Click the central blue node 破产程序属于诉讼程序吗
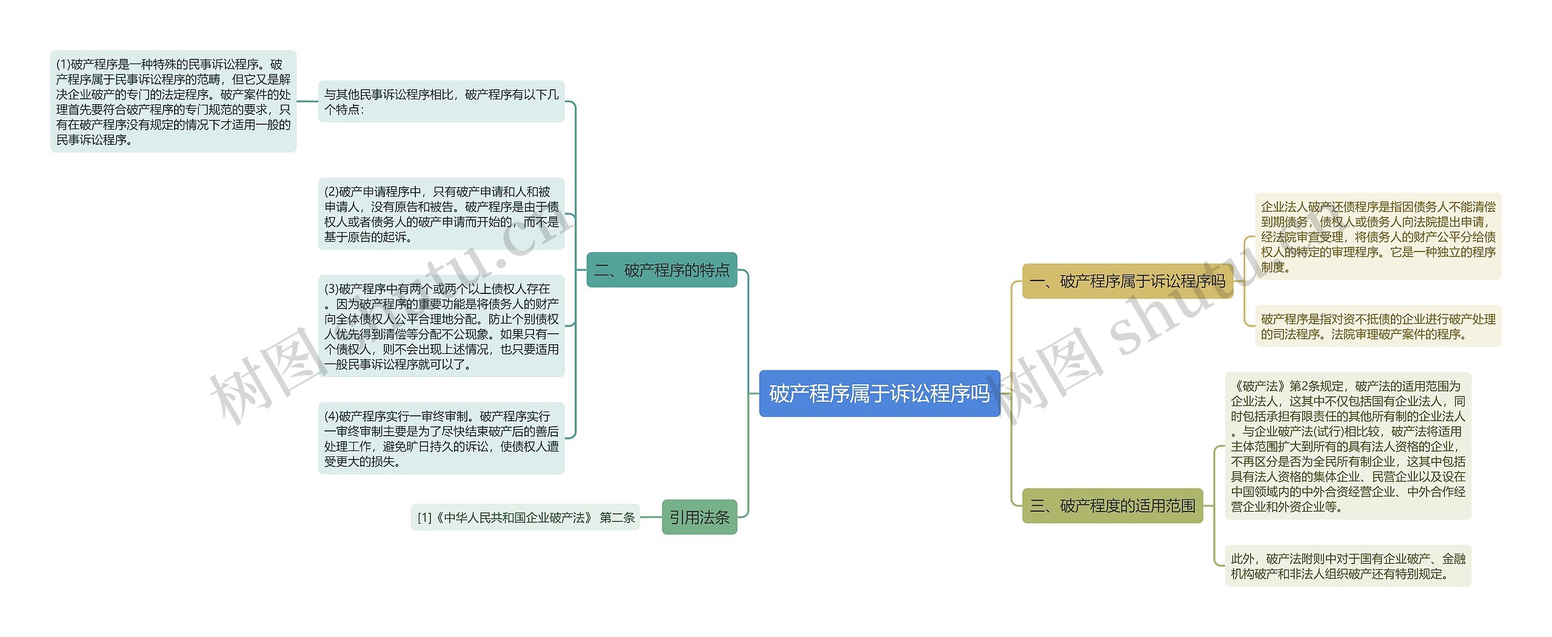(x=879, y=393)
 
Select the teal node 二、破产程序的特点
(x=661, y=270)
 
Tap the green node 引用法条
(x=699, y=517)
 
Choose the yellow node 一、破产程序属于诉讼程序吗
(x=1127, y=281)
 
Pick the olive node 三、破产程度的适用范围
(x=1112, y=505)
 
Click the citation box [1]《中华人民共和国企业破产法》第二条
(x=526, y=518)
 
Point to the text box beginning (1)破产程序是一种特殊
(x=173, y=102)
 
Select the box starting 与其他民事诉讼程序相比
(x=441, y=102)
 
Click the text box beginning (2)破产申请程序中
(x=441, y=214)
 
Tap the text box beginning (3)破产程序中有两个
(x=441, y=326)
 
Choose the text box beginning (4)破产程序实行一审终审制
(x=441, y=438)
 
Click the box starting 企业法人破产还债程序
(x=1378, y=236)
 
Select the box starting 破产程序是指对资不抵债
(x=1378, y=326)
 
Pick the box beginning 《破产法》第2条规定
(x=1348, y=446)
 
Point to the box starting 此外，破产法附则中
(x=1348, y=565)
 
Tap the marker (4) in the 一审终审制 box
(x=331, y=416)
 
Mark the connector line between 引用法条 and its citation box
(x=651, y=518)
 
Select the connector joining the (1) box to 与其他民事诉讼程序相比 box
(x=307, y=101)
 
